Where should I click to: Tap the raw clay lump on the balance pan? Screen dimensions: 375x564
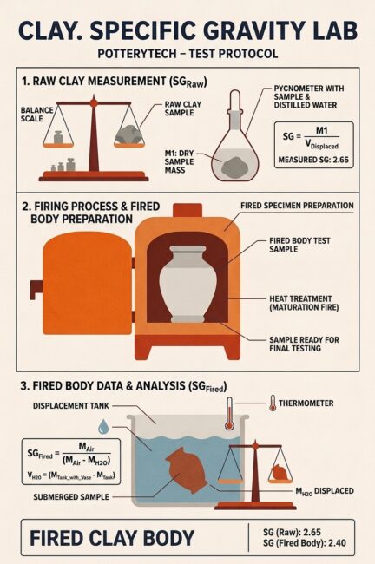[128, 134]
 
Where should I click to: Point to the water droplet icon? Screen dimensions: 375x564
[103, 426]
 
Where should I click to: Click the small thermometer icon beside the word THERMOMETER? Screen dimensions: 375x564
[273, 403]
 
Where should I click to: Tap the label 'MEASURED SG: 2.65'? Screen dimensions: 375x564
[313, 160]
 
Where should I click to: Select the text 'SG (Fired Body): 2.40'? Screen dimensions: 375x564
[305, 542]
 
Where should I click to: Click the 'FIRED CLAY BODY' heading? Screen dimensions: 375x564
[112, 538]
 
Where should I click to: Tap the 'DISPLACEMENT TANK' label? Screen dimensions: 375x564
[71, 406]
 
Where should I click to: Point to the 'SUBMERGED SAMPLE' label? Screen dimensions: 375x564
[71, 497]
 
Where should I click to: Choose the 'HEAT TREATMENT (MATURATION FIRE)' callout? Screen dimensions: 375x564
[304, 303]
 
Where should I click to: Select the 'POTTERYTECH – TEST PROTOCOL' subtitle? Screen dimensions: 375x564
[187, 54]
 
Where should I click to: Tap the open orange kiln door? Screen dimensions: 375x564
[87, 284]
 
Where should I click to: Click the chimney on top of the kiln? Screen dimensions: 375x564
[187, 211]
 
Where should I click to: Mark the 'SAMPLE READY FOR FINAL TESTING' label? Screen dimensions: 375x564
[304, 344]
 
